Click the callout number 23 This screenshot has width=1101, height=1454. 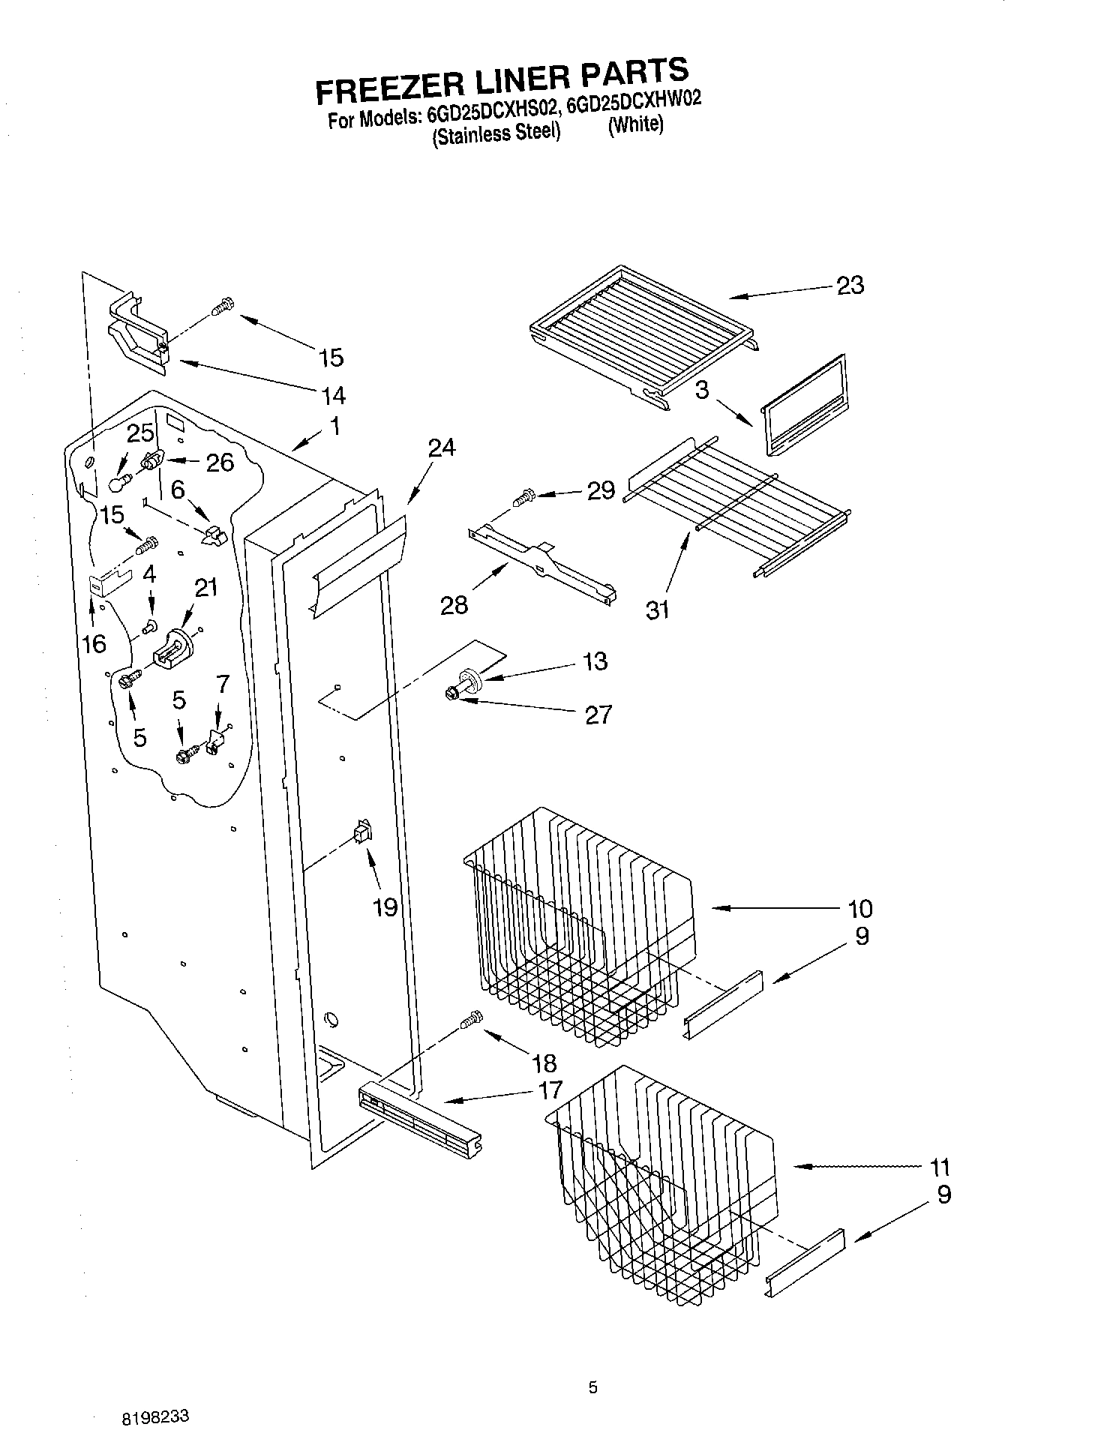pos(850,286)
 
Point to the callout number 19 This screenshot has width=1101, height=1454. pos(385,908)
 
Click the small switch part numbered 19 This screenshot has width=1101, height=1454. pos(363,833)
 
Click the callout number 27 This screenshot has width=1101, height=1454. pos(598,715)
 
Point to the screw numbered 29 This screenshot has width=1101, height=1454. pos(523,496)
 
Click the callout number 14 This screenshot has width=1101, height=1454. pos(333,395)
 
